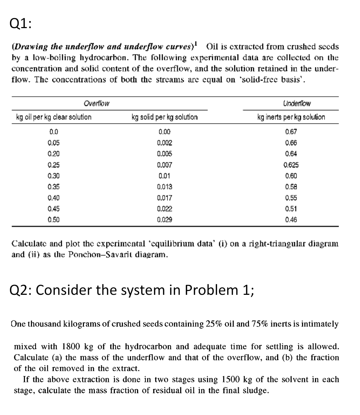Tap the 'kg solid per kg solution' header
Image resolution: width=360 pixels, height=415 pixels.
[164, 117]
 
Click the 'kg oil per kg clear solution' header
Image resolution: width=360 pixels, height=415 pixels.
[54, 117]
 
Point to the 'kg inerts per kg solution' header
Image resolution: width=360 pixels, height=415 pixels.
[291, 117]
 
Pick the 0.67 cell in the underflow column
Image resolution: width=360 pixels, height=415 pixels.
[291, 132]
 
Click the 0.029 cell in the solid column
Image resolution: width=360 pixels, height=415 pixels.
[164, 220]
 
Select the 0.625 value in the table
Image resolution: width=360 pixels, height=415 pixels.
[291, 165]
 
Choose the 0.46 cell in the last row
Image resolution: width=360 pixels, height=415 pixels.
[291, 220]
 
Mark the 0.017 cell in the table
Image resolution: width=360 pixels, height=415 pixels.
[164, 198]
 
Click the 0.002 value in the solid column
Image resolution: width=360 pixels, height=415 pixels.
[164, 143]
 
